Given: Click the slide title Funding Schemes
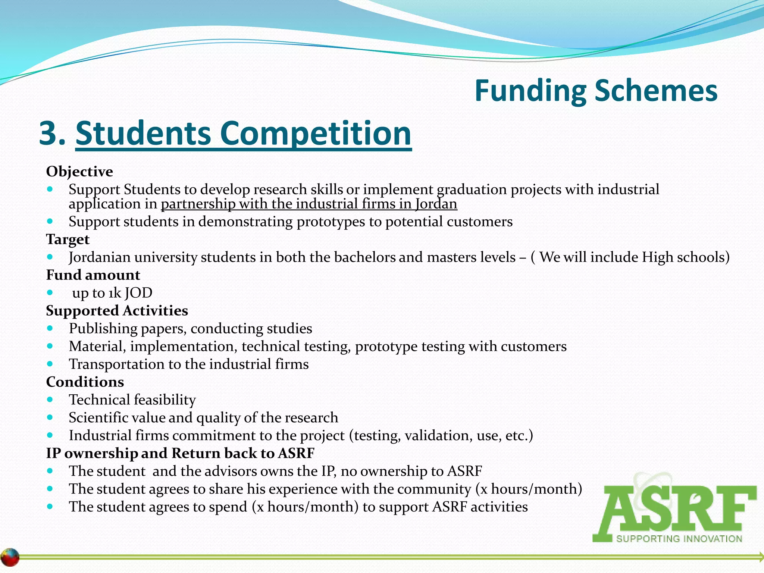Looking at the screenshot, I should click(x=596, y=91).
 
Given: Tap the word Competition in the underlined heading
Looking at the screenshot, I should click(x=316, y=133).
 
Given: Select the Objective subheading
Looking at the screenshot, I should click(x=79, y=172).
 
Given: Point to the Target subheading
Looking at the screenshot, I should click(x=68, y=239).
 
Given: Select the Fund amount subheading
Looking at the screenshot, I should click(x=93, y=275).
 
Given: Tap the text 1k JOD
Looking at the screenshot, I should click(x=130, y=293).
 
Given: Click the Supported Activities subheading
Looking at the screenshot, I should click(x=117, y=311).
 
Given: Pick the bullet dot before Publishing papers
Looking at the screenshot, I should click(x=50, y=328).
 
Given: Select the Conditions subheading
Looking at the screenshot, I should click(x=85, y=382).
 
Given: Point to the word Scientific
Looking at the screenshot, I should click(x=97, y=418).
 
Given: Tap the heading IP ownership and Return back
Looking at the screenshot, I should click(x=180, y=453).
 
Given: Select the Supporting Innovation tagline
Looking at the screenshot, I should click(x=679, y=539).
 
